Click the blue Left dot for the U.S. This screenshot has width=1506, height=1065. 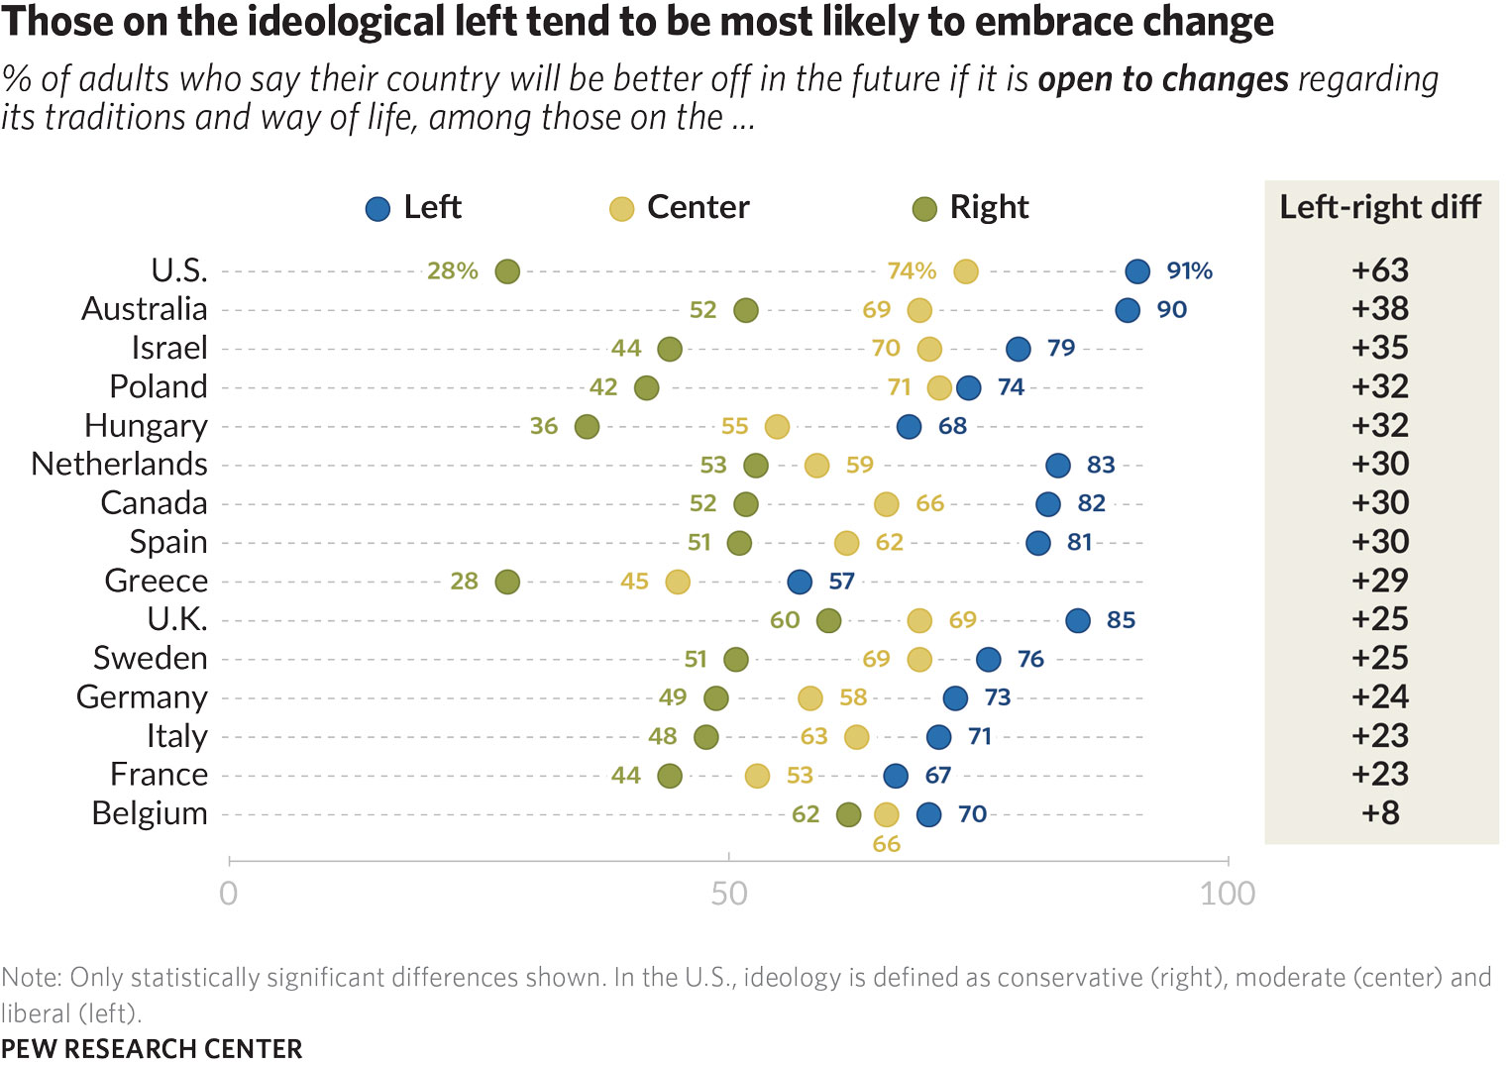pyautogui.click(x=1137, y=271)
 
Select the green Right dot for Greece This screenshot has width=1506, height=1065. pyautogui.click(x=507, y=582)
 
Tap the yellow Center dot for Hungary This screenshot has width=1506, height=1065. pyautogui.click(x=778, y=427)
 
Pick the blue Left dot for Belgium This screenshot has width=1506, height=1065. pyautogui.click(x=928, y=815)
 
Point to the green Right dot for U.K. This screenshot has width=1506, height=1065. pyautogui.click(x=829, y=621)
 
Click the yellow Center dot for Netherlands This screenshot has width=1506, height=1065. pyautogui.click(x=816, y=466)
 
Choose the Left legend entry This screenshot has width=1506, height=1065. pyautogui.click(x=413, y=208)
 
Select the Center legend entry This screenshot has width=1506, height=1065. pyautogui.click(x=680, y=208)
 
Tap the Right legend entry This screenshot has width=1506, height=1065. pyautogui.click(x=970, y=208)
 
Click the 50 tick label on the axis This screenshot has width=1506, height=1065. pyautogui.click(x=729, y=894)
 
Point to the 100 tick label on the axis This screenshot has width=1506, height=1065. pyautogui.click(x=1228, y=894)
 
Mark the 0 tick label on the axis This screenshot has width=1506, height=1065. pyautogui.click(x=229, y=894)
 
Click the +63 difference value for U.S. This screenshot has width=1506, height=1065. pyautogui.click(x=1380, y=270)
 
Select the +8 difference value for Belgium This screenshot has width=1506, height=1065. pyautogui.click(x=1380, y=813)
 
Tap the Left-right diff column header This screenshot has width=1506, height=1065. pyautogui.click(x=1380, y=207)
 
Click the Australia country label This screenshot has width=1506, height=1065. pyautogui.click(x=145, y=309)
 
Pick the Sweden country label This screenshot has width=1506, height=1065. pyautogui.click(x=151, y=659)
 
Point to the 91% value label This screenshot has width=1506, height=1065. pyautogui.click(x=1189, y=271)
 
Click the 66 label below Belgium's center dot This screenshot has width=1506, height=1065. pyautogui.click(x=887, y=844)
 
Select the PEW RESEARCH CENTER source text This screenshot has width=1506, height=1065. pyautogui.click(x=152, y=1049)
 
